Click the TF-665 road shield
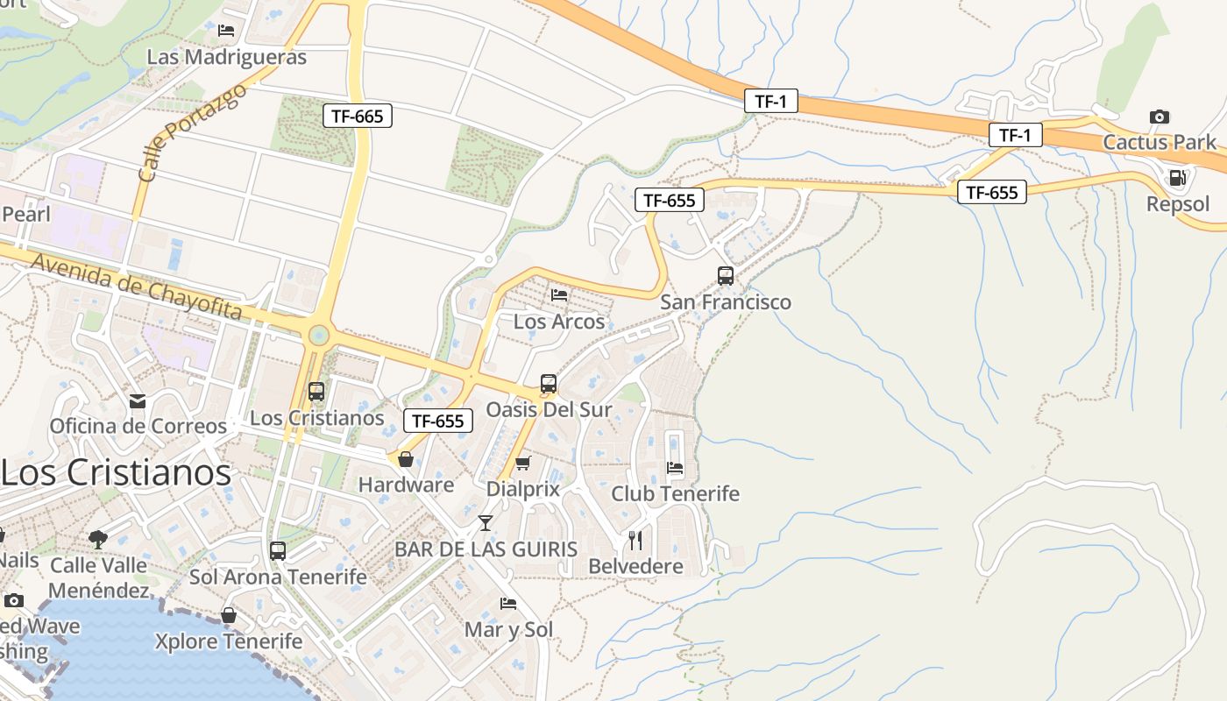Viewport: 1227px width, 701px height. pos(357,116)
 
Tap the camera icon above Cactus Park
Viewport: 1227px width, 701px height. pos(1159,117)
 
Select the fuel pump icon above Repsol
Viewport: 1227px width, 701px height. pos(1177,178)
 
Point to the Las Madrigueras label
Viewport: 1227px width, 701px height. pos(226,57)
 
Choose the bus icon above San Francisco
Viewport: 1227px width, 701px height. pos(726,276)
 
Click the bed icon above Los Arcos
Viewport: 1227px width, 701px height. pos(559,295)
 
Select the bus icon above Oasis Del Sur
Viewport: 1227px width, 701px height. pos(549,384)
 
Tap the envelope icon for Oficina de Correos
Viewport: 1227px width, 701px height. pos(138,401)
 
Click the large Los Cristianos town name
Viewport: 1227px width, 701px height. pos(116,472)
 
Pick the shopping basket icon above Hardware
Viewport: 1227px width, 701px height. pos(406,459)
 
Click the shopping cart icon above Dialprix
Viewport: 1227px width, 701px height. pos(523,463)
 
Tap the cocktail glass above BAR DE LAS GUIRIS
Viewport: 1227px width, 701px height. pos(486,523)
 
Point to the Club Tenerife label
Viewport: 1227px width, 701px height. pos(675,493)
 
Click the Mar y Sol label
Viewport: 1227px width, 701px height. pos(508,629)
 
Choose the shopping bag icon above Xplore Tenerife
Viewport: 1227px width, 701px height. pos(229,615)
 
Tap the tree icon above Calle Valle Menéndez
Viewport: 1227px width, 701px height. pos(98,539)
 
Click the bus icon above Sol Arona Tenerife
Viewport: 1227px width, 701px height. pos(278,551)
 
